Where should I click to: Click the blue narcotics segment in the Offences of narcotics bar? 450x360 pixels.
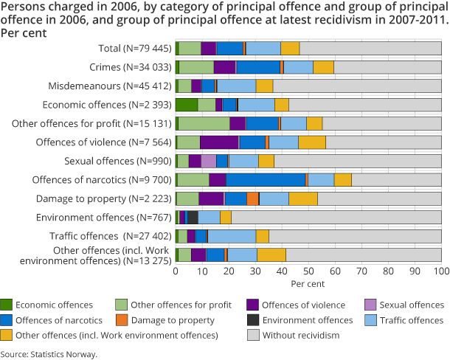266,179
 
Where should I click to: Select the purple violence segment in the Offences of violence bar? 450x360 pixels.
219,142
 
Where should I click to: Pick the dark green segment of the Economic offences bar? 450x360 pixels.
187,104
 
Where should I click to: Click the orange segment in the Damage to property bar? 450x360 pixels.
252,198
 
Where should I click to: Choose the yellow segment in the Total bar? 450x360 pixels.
290,48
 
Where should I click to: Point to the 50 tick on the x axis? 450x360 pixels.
308,271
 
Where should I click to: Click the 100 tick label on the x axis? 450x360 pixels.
440,271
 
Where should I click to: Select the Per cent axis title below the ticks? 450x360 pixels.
308,283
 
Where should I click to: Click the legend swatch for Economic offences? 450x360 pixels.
7,305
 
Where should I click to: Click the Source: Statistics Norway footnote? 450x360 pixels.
49,354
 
